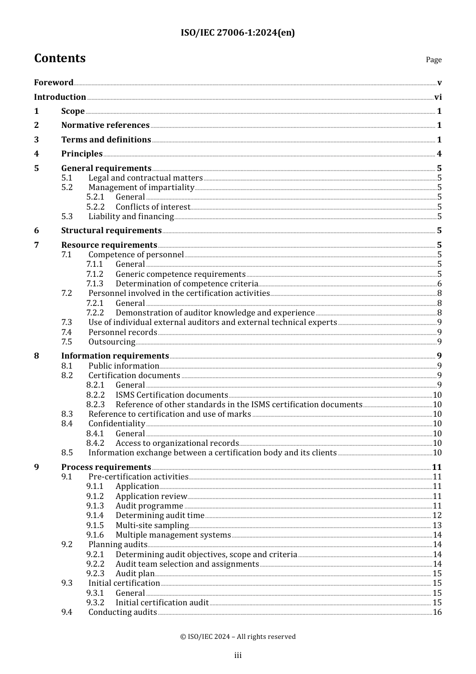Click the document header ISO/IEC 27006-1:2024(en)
click(x=237, y=33)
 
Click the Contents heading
click(x=60, y=58)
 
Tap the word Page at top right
click(x=433, y=60)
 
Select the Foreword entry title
click(x=54, y=82)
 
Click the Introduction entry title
click(x=60, y=97)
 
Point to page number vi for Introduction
click(x=438, y=97)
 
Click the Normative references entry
click(x=105, y=125)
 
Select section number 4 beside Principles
click(x=37, y=154)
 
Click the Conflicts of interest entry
click(x=153, y=207)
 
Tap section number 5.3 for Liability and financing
click(x=67, y=217)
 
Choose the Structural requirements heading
click(x=111, y=231)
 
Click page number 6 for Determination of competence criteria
click(x=439, y=284)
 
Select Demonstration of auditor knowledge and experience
click(x=215, y=313)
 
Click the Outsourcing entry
click(x=112, y=342)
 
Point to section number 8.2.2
click(x=95, y=395)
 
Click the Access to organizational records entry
click(x=177, y=443)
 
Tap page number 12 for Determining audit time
click(x=437, y=516)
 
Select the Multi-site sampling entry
click(x=152, y=526)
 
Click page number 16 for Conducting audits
click(x=437, y=612)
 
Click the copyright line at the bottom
click(x=237, y=636)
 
